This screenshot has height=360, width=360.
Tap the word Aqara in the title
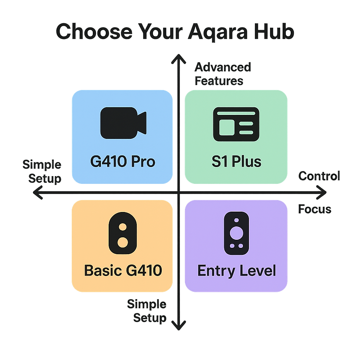point(217,32)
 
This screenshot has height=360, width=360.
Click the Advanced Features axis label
point(222,74)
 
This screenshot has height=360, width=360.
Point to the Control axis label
point(319,176)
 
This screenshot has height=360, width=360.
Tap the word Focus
point(315,209)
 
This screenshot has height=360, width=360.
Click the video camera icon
point(123,123)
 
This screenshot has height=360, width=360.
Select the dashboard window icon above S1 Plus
point(236,124)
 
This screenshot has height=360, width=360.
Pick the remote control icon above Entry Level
point(236,233)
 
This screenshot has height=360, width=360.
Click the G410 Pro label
point(123,162)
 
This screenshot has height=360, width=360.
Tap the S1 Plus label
point(236,162)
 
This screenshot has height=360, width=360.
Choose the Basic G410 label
point(123,271)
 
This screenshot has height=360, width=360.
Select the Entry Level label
point(236,271)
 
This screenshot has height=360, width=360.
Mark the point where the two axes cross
point(179,192)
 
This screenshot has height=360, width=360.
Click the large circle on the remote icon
point(236,232)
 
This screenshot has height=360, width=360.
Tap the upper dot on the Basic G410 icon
point(123,227)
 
